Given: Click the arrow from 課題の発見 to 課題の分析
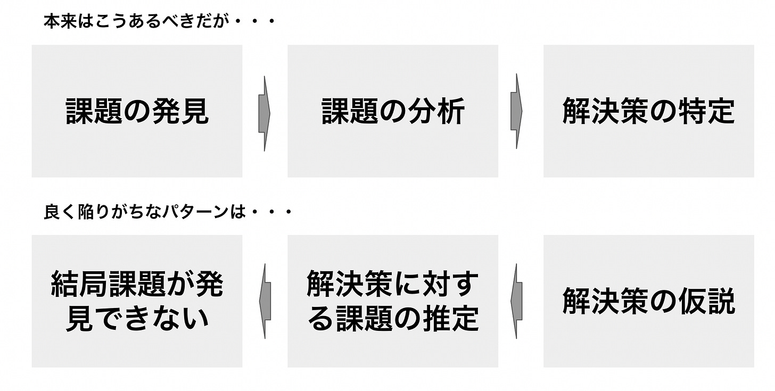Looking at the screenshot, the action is [x=265, y=113].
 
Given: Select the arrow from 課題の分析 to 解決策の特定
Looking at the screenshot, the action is [x=516, y=113].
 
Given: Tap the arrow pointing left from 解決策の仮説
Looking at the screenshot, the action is [x=516, y=302].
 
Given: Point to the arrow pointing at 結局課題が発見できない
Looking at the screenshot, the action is [x=265, y=302].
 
